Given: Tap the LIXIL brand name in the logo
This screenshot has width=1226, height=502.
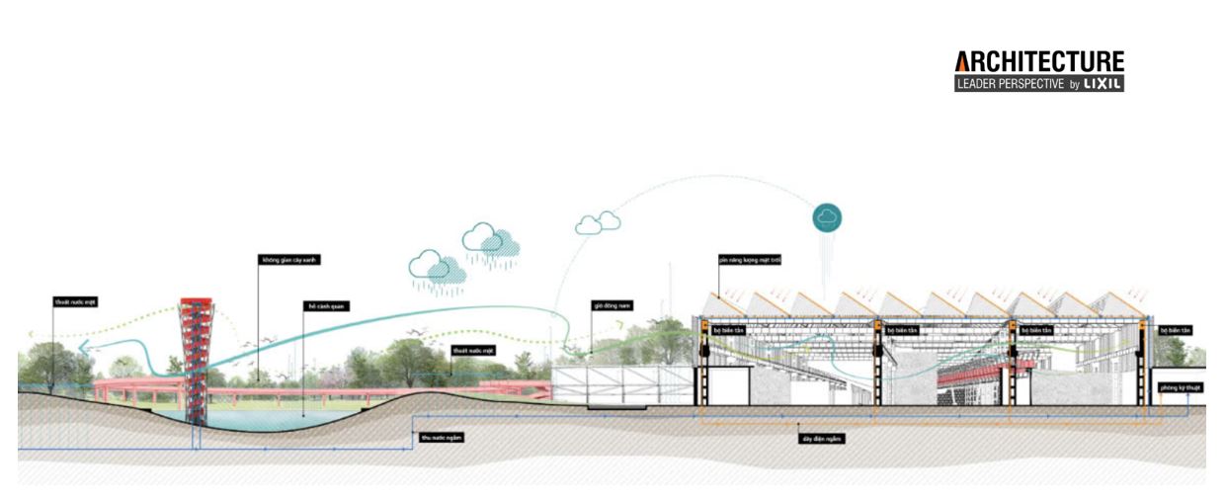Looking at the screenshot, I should [1103, 84].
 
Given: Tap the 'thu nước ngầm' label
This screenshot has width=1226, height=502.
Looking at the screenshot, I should [442, 436].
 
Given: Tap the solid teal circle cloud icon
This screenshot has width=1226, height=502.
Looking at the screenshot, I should [827, 217].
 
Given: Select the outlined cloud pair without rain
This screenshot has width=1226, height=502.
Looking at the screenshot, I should [598, 224].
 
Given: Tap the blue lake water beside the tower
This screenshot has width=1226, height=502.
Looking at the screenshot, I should [257, 420].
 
